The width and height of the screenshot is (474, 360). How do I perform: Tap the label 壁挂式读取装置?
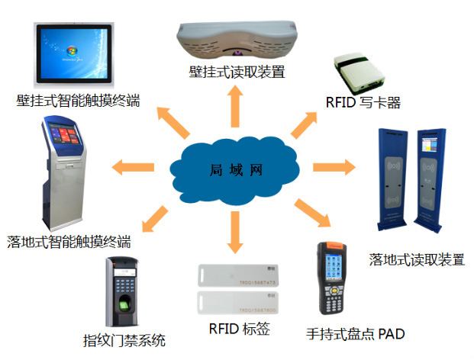pyautogui.click(x=237, y=73)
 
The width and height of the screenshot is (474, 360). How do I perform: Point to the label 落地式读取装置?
pyautogui.click(x=417, y=259)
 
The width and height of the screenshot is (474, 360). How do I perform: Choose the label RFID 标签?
pyautogui.click(x=238, y=330)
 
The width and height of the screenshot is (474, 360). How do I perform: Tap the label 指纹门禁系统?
pyautogui.click(x=124, y=340)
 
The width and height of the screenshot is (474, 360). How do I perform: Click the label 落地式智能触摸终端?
pyautogui.click(x=68, y=243)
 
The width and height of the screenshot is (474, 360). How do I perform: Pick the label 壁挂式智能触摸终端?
pyautogui.click(x=78, y=100)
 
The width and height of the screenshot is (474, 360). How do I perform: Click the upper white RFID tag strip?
pyautogui.click(x=237, y=275)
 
